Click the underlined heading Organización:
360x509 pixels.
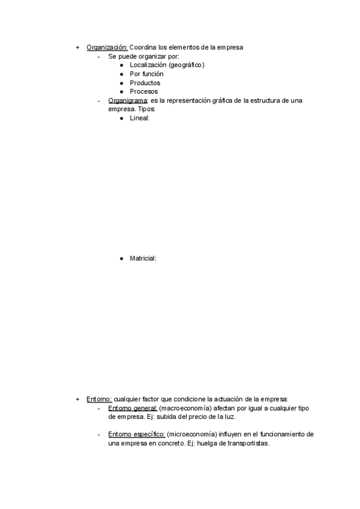tap(107, 47)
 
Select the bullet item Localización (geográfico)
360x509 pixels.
tap(167, 65)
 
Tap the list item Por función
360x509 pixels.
tap(146, 74)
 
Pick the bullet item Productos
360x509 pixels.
tap(145, 83)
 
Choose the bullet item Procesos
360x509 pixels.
tap(144, 91)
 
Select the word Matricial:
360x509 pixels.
tap(143, 258)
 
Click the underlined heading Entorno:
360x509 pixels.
tap(99, 399)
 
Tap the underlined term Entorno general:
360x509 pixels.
tap(133, 408)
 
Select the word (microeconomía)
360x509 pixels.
tap(191, 434)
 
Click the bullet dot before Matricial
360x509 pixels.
tap(122, 258)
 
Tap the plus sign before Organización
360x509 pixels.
tap(77, 47)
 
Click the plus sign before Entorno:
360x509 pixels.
tap(77, 399)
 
